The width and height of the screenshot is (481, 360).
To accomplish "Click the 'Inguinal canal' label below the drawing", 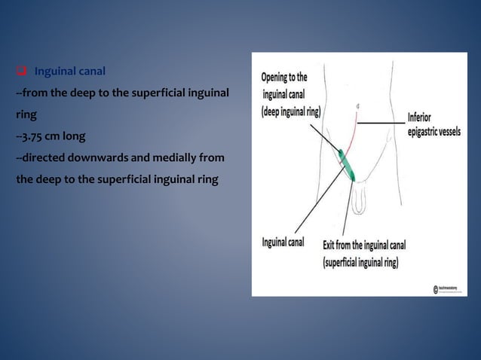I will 283,243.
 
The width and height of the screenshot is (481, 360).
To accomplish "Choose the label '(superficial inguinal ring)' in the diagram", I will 360,264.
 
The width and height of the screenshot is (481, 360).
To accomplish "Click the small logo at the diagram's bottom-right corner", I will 438,288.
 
